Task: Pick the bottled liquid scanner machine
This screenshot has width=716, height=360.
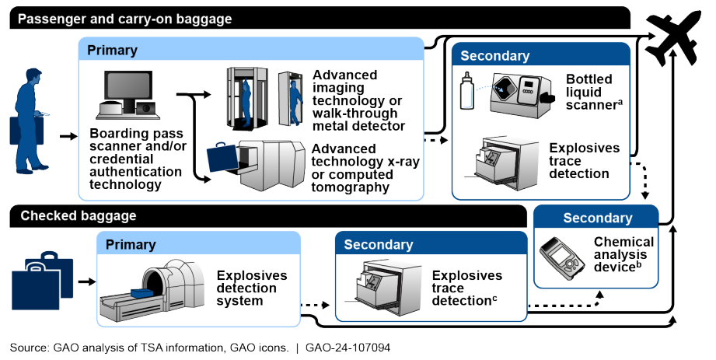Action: [x=522, y=91]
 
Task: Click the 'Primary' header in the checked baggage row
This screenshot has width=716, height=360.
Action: [x=131, y=244]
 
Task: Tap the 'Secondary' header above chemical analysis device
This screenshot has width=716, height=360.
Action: [x=597, y=218]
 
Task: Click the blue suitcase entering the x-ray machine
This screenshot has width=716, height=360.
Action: [x=225, y=159]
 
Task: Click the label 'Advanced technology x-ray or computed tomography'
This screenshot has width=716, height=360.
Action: [x=355, y=167]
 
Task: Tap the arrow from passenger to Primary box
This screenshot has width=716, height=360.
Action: [x=68, y=137]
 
